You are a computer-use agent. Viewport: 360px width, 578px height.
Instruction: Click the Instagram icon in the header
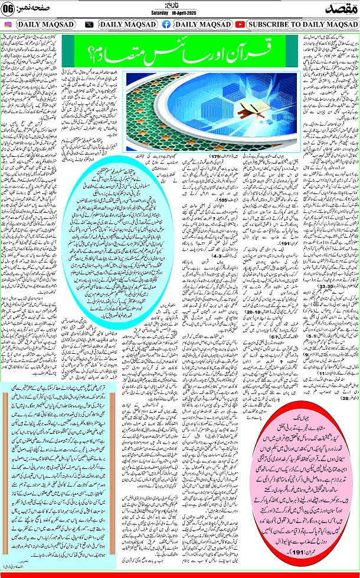(8, 25)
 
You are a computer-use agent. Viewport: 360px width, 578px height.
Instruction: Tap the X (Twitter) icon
(89, 25)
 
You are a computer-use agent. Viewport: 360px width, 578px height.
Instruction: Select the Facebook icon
(166, 25)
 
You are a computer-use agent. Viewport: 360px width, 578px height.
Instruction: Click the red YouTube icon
(240, 25)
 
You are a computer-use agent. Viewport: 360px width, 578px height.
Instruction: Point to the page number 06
(8, 8)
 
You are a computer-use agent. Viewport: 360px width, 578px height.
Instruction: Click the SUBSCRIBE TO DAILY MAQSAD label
(301, 25)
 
